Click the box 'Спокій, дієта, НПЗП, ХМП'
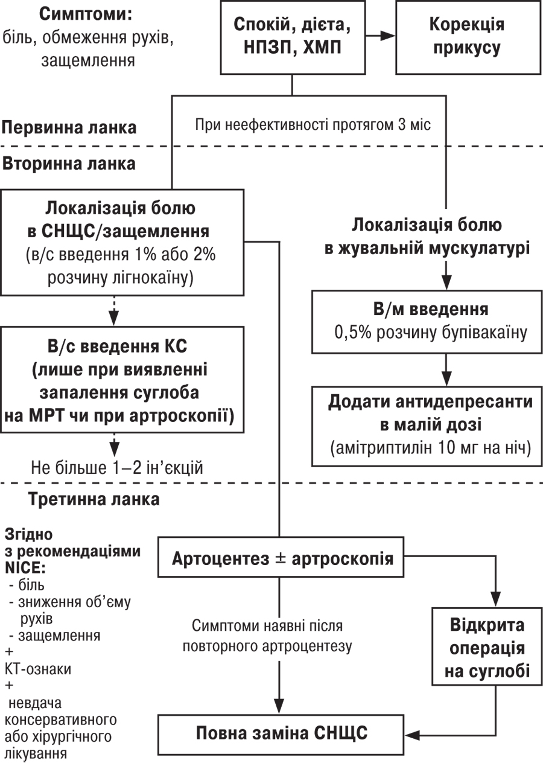tap(293, 37)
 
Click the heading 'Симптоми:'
tap(86, 14)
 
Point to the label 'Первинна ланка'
tap(69, 128)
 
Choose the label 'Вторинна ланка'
tap(69, 164)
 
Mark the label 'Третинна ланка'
tap(94, 499)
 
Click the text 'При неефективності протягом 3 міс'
tap(313, 125)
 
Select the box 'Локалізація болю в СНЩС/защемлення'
tap(122, 243)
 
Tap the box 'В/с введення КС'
tap(122, 380)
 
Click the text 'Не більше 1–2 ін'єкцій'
tap(117, 468)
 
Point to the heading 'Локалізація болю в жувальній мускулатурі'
tap(427, 237)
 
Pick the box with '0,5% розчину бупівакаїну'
tap(427, 322)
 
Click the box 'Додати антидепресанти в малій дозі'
tap(427, 426)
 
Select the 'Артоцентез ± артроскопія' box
tap(281, 557)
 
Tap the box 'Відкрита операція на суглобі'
tap(487, 650)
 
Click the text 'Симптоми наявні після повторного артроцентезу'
tap(267, 636)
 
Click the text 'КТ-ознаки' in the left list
tap(38, 669)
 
